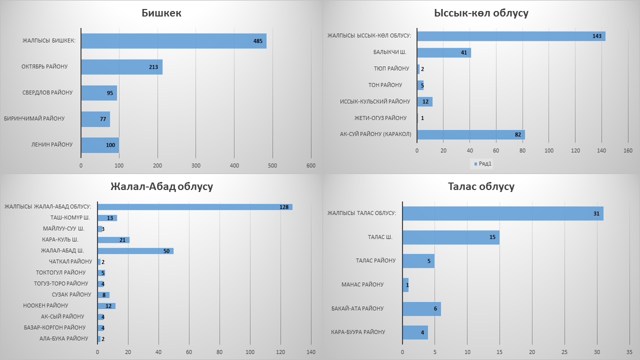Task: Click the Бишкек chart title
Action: tap(161, 13)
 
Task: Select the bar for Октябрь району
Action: tap(121, 67)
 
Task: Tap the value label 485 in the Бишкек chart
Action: tap(258, 41)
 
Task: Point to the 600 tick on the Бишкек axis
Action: tap(311, 165)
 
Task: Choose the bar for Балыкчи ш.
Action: tap(443, 52)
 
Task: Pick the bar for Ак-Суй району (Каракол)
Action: tap(470, 134)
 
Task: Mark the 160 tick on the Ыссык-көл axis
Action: tap(628, 150)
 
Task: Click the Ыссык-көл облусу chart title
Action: tap(481, 13)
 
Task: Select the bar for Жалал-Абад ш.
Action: tap(135, 250)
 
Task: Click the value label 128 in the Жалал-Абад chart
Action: tap(284, 207)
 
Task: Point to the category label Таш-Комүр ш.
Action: tap(70, 218)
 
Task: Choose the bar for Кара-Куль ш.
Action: tap(113, 240)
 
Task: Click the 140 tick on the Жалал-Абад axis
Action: tap(311, 351)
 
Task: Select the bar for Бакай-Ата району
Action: tap(421, 309)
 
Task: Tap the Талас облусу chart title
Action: tap(481, 187)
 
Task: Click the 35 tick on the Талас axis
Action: tap(628, 351)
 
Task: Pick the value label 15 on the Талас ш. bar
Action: tap(492, 237)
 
